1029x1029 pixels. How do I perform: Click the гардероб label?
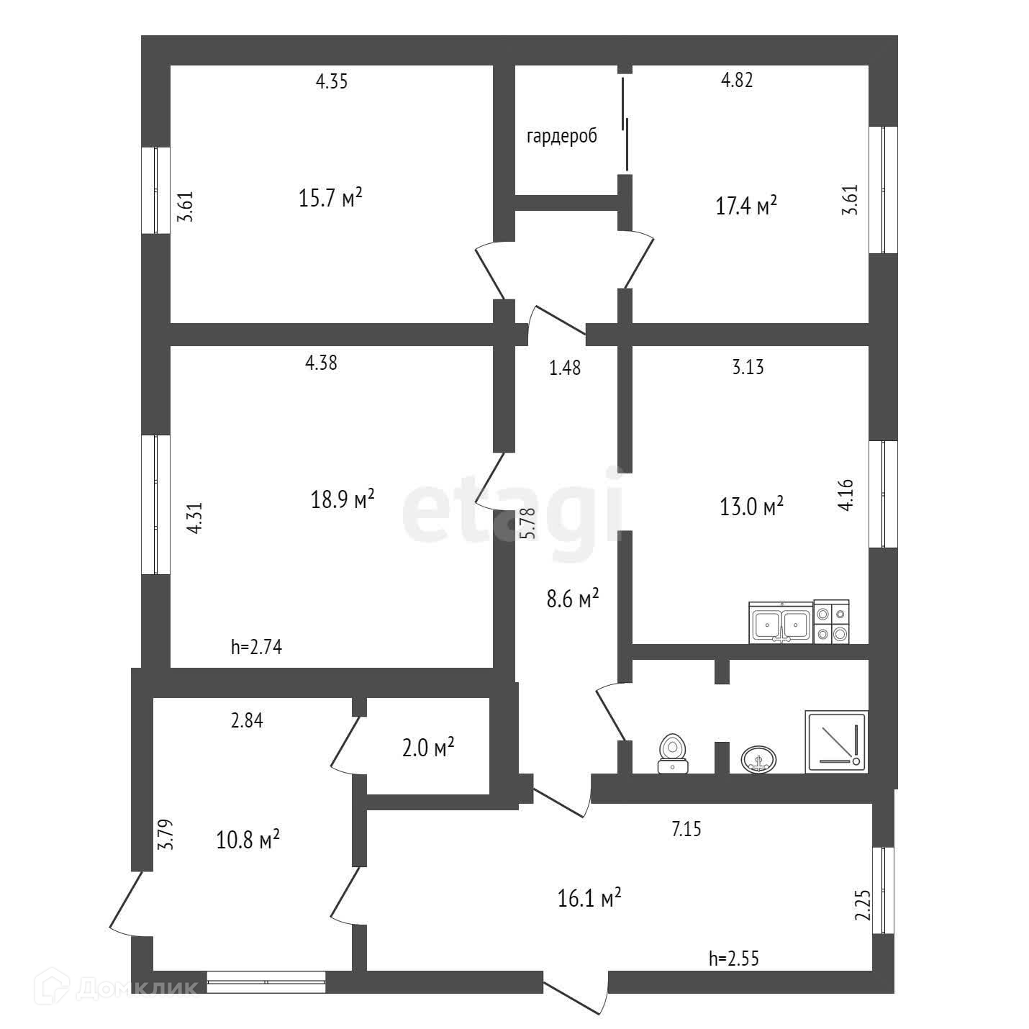tap(562, 137)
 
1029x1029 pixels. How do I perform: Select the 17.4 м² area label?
tap(746, 207)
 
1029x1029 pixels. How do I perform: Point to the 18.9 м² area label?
tap(343, 499)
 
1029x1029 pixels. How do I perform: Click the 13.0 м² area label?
tap(751, 507)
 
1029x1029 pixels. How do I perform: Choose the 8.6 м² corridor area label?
tap(573, 599)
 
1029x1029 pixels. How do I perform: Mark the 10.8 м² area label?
tap(248, 839)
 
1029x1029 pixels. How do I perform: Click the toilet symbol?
tap(673, 753)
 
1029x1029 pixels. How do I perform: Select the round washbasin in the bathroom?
tap(758, 758)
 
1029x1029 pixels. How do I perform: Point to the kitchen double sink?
tap(781, 623)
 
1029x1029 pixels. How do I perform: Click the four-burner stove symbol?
tap(831, 622)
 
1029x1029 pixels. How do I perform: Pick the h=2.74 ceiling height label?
tap(256, 647)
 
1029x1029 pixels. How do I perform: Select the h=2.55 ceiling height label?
tap(734, 958)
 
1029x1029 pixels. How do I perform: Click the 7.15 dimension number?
tap(686, 830)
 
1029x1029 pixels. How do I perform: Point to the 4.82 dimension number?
tap(737, 81)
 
